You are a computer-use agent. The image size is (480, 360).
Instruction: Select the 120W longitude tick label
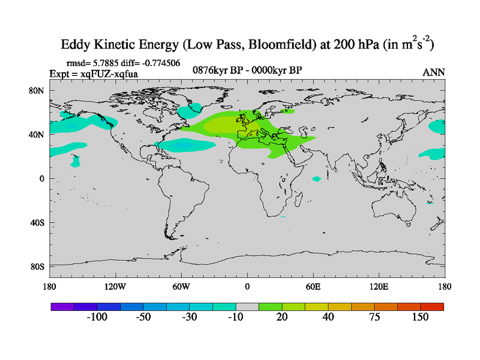tap(115, 286)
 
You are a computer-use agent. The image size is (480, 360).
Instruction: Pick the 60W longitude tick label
tap(181, 286)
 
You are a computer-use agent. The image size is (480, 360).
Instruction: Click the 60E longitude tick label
tap(313, 286)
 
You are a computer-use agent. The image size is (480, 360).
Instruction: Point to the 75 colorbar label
tap(374, 317)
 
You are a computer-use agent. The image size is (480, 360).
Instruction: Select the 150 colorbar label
tap(420, 317)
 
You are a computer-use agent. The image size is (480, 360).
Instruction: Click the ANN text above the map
tap(434, 72)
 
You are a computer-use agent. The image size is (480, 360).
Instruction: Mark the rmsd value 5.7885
tap(106, 62)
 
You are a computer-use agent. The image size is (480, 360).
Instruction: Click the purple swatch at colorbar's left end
tap(62, 306)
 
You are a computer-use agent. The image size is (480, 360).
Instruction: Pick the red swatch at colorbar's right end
tap(432, 306)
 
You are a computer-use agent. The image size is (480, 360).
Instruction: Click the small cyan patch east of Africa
tap(317, 179)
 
